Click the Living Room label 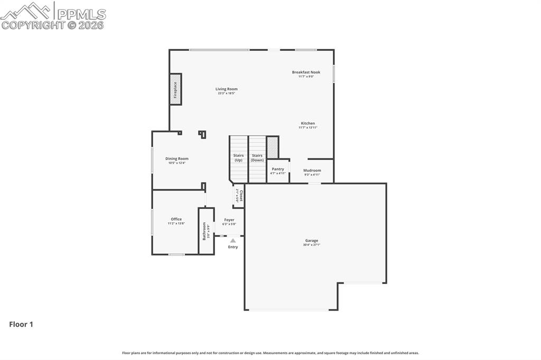click(226, 89)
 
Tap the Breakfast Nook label click(306, 72)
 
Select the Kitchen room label click(307, 124)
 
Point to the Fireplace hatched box click(175, 90)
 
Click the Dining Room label click(176, 159)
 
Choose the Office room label click(176, 219)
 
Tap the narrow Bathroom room click(206, 231)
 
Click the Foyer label click(229, 220)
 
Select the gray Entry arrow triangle click(233, 241)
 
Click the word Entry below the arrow click(233, 247)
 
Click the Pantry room click(278, 171)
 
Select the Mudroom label click(312, 170)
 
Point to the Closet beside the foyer click(239, 196)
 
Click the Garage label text click(311, 241)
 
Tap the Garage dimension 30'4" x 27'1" click(311, 245)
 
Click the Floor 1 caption click(21, 325)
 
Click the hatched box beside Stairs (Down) click(272, 147)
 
